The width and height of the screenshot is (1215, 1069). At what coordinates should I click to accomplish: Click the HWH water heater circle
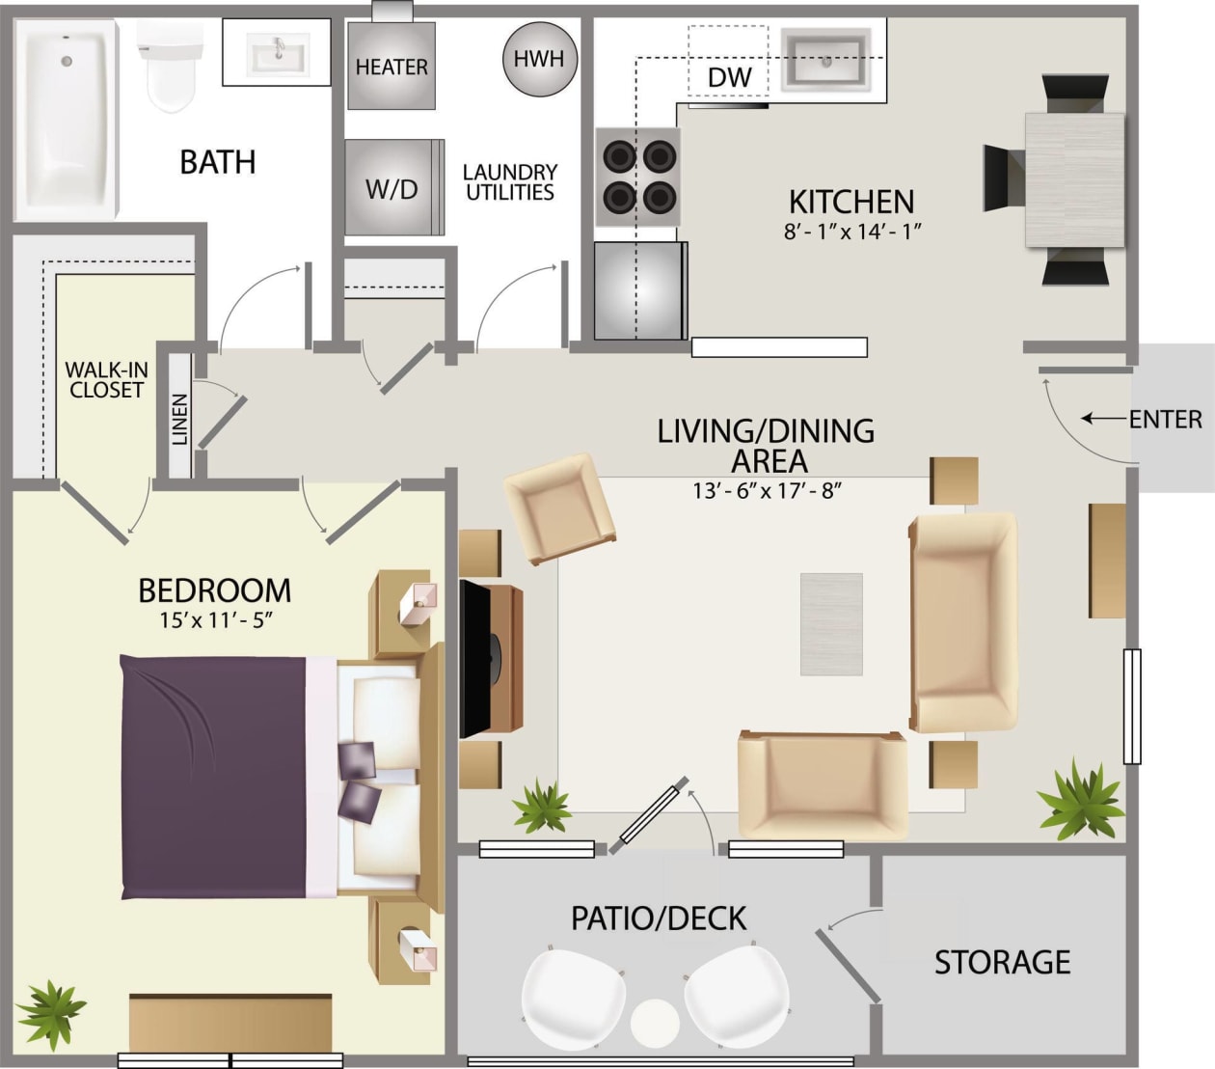[x=539, y=59]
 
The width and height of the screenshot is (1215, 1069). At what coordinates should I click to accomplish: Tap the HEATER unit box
[x=391, y=66]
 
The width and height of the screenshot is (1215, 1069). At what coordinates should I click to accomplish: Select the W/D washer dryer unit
[x=391, y=188]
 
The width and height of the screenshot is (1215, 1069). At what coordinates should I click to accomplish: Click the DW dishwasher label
[x=729, y=77]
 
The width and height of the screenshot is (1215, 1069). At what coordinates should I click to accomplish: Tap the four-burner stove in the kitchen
[x=638, y=177]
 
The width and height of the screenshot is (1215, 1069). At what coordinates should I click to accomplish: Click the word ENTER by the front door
[x=1166, y=420]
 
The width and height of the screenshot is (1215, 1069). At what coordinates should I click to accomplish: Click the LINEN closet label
[x=180, y=419]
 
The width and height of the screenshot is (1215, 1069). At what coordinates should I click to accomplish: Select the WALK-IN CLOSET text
[x=106, y=380]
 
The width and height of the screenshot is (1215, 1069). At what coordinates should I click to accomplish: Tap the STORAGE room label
[x=1002, y=962]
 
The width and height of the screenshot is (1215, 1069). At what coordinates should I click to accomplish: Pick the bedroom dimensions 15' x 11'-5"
[x=216, y=619]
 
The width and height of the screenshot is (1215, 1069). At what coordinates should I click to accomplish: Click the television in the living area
[x=478, y=659]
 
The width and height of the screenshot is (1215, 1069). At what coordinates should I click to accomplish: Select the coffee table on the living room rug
[x=831, y=624]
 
